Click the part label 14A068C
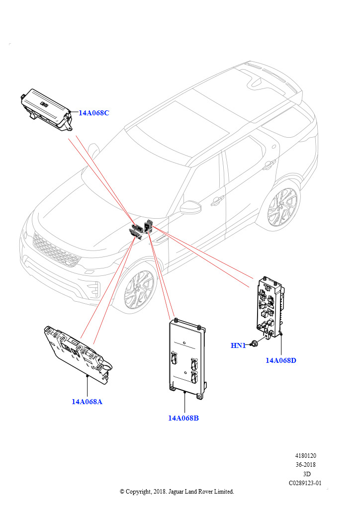[94, 113]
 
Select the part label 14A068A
[87, 402]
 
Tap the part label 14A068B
[183, 418]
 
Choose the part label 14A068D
[281, 360]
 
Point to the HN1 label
[238, 345]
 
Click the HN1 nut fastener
[255, 343]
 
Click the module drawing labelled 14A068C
[46, 109]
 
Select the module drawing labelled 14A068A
[78, 354]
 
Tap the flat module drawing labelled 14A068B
[187, 359]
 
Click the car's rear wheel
[282, 207]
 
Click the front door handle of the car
[217, 201]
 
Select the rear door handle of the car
[269, 166]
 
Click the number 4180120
[305, 456]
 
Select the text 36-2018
[305, 465]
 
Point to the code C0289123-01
[305, 483]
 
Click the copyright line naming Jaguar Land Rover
[177, 492]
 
